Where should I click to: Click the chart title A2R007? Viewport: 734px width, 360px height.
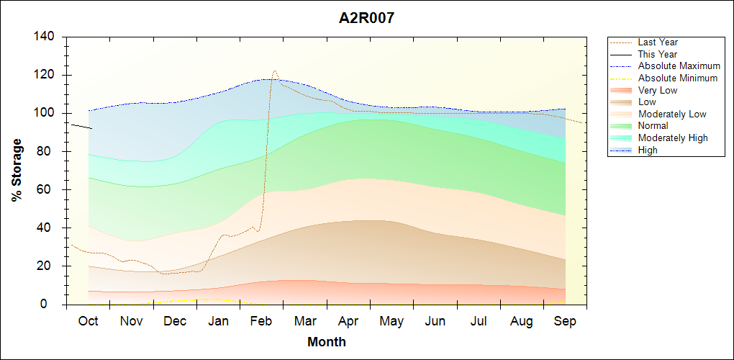click(366, 19)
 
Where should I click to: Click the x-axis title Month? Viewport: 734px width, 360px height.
click(326, 342)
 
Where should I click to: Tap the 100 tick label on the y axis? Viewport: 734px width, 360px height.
click(47, 113)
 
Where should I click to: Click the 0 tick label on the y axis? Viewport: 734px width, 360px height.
click(54, 305)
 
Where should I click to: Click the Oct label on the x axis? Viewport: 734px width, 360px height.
click(88, 321)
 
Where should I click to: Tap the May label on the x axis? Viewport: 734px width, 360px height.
click(391, 321)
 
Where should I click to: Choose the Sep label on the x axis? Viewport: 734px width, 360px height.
click(565, 321)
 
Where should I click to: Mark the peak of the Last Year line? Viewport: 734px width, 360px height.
click(275, 71)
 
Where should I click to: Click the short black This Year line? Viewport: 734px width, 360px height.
click(81, 126)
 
